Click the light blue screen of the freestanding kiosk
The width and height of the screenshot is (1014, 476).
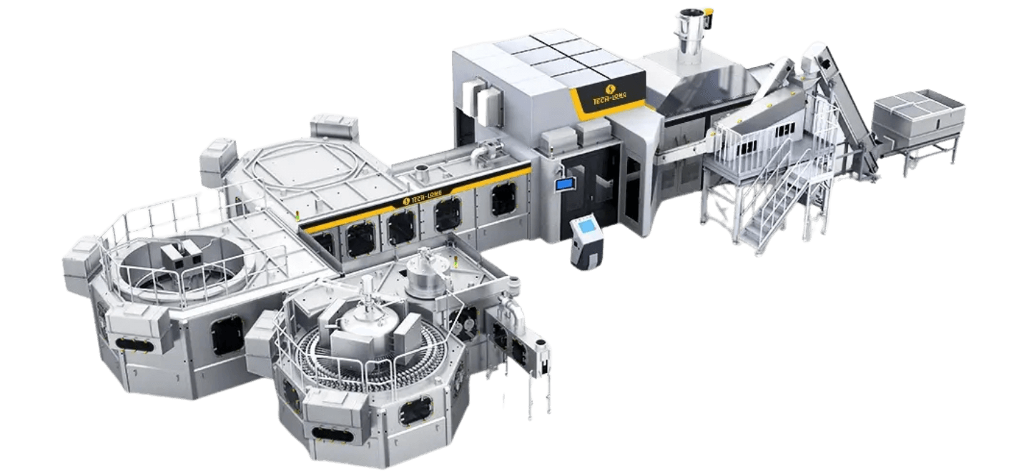click(588, 227)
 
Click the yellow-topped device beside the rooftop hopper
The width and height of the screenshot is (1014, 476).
click(708, 17)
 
